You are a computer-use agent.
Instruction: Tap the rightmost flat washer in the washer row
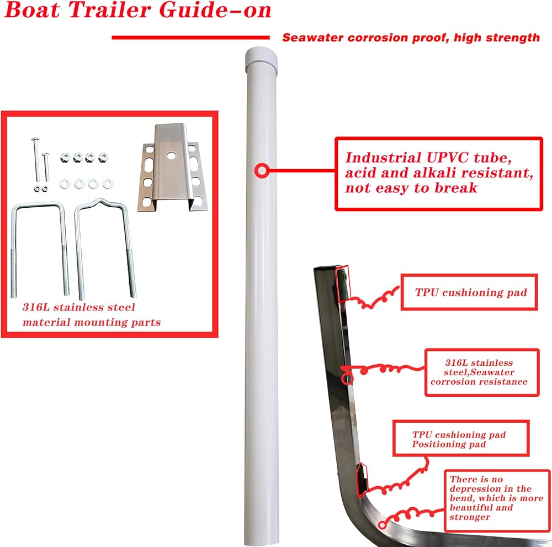click(x=107, y=183)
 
